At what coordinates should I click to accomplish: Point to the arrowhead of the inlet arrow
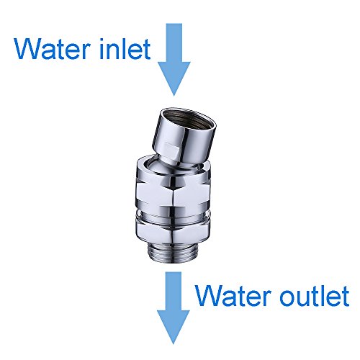(174, 79)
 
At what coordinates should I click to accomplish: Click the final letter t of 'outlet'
(344, 294)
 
